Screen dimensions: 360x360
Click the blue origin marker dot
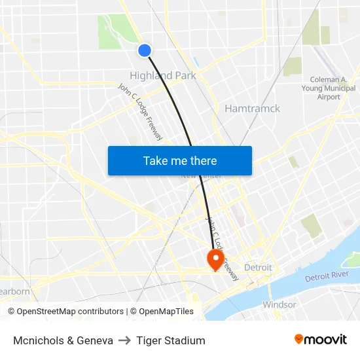(145, 50)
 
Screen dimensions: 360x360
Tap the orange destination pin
(215, 259)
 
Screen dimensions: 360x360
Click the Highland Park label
(163, 75)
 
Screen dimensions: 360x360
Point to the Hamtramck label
(252, 109)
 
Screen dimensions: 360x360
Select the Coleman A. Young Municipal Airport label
(329, 88)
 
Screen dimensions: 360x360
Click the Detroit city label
(258, 267)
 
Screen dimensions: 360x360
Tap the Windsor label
(279, 304)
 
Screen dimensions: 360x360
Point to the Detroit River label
(327, 276)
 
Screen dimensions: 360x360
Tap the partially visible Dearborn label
(14, 291)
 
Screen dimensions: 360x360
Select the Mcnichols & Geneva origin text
(63, 340)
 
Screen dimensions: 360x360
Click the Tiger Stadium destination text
(171, 340)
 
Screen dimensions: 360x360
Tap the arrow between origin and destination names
(125, 340)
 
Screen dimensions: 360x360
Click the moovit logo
(320, 339)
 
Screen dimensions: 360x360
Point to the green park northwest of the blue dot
(115, 31)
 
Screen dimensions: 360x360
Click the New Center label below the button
(201, 176)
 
